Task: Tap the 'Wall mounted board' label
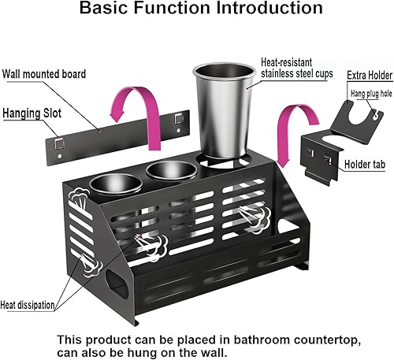(x=45, y=75)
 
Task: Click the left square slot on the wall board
(x=59, y=144)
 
